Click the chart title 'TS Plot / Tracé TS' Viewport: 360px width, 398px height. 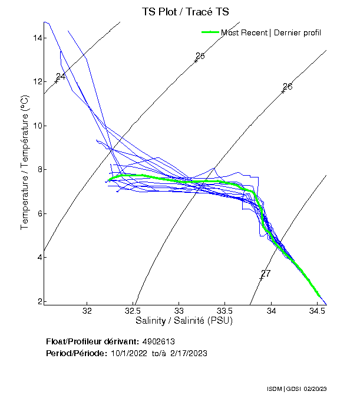click(184, 11)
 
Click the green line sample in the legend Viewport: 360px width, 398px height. click(210, 32)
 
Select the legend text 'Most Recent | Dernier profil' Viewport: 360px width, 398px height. click(271, 32)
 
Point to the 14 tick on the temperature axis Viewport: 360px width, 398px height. click(37, 38)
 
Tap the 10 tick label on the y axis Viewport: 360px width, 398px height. click(37, 126)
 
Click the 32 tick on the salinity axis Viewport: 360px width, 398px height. click(88, 311)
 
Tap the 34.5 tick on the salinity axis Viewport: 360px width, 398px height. click(317, 311)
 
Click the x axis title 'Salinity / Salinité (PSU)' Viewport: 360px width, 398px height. click(184, 321)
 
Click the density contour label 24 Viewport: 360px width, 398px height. click(61, 77)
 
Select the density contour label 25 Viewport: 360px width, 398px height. click(200, 56)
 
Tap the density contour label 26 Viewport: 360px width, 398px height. click(288, 87)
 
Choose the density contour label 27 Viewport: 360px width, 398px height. click(266, 274)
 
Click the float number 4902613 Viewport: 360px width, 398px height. click(158, 341)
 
